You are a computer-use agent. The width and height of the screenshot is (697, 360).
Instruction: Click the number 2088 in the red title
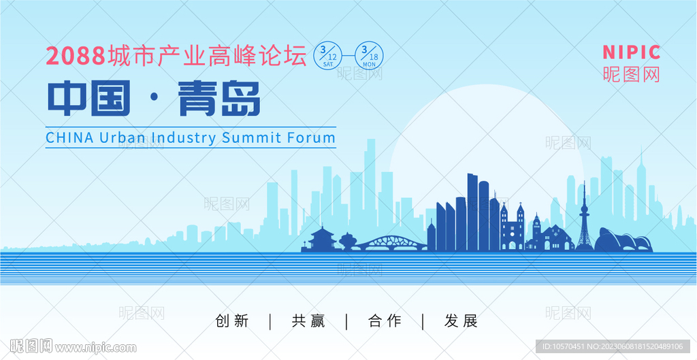coord(76,56)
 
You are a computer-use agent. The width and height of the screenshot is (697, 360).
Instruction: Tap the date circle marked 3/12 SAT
coord(328,56)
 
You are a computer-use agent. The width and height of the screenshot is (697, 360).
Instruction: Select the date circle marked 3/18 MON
coord(369,56)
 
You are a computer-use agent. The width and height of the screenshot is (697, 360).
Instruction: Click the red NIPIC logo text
coord(632,52)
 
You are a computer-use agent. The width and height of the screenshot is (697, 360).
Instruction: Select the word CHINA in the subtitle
coord(70,137)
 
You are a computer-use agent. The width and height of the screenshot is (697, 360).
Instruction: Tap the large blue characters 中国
coord(89,98)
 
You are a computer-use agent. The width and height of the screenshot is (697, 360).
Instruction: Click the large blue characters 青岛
coord(218,98)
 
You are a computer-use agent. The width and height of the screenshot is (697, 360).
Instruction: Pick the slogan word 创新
coord(232,321)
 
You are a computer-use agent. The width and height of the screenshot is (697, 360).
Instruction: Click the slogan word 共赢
coord(308,321)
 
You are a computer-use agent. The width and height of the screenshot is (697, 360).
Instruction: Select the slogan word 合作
coord(385,321)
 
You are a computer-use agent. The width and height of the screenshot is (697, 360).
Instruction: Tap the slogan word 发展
coord(461,321)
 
